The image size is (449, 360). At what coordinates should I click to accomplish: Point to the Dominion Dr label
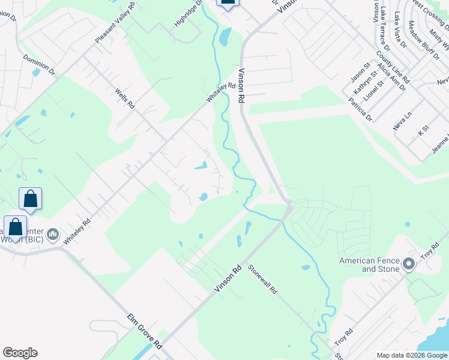click(39, 64)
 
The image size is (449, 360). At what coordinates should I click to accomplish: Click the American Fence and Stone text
click(369, 265)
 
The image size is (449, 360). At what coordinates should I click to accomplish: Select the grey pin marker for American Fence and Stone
click(409, 264)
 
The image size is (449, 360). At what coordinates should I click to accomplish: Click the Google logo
click(20, 353)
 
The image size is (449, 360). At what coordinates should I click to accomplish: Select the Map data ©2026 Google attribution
click(412, 355)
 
